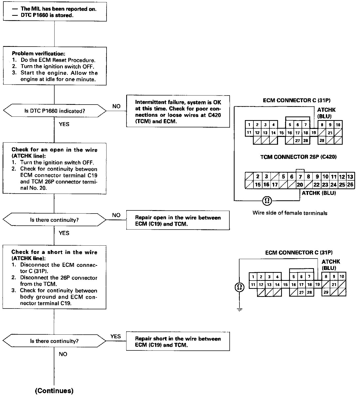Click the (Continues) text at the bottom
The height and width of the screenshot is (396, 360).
tap(54, 391)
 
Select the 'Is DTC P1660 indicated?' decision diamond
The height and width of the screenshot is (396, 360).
tap(54, 111)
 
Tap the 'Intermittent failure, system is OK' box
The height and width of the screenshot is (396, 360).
tap(178, 112)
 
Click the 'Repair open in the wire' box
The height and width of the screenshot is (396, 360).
tap(178, 221)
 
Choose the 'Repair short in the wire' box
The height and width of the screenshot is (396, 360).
tap(178, 342)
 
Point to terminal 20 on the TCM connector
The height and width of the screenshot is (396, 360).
tap(300, 185)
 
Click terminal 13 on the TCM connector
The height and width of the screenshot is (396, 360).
tap(350, 177)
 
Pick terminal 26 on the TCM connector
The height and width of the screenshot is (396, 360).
tap(350, 185)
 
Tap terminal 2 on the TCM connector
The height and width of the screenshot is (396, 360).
tap(258, 177)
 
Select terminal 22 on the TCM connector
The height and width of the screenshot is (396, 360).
tap(317, 185)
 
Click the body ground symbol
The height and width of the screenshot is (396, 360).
tap(240, 309)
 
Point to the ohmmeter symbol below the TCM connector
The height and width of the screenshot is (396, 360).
tap(267, 200)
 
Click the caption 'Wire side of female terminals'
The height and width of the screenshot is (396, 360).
tap(290, 213)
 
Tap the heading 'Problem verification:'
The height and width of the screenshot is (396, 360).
tap(39, 54)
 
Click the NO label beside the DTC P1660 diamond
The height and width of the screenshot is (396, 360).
tap(116, 106)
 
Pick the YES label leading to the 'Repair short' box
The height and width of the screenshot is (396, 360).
tap(115, 336)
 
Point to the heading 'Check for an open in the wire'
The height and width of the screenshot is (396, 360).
tap(54, 150)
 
